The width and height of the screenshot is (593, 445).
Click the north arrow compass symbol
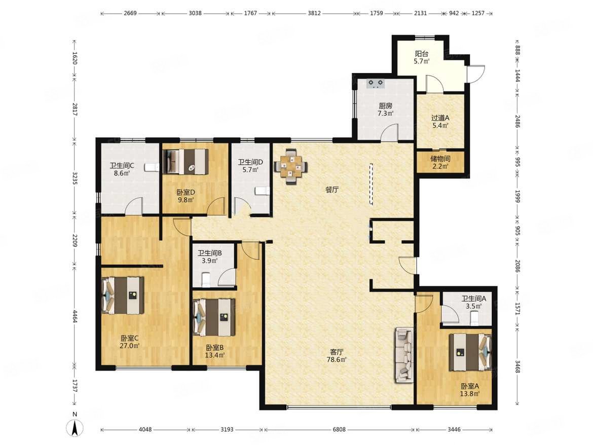point(75,428)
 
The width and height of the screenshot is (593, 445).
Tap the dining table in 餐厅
point(290,166)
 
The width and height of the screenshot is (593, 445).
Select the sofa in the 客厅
point(404,355)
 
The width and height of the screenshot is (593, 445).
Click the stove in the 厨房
point(376,83)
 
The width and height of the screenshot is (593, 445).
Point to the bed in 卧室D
point(186,162)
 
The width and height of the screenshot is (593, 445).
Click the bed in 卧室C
point(123,295)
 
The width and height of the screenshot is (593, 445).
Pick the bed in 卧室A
point(470,352)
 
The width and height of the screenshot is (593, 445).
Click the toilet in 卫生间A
point(474,318)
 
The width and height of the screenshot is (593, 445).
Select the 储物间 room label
point(440,159)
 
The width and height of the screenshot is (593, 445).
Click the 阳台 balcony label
point(421,54)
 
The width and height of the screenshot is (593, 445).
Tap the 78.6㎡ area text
point(337,359)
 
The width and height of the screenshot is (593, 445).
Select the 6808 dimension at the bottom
point(339,429)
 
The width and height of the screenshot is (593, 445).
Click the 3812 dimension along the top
point(314,13)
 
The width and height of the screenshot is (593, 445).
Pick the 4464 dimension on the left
point(75,316)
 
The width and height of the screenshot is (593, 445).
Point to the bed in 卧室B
point(214,317)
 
